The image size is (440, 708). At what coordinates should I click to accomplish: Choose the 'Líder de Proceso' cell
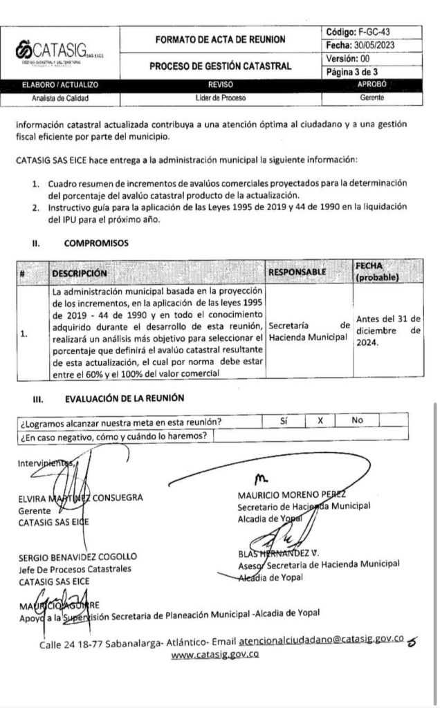[x=216, y=97]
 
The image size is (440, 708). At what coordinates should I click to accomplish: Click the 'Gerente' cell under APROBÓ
[x=372, y=97]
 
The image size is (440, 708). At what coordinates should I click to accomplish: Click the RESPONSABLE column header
[x=297, y=272]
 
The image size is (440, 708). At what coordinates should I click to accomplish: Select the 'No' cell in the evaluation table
[x=357, y=421]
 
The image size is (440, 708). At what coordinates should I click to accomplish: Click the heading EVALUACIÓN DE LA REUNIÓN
[x=124, y=399]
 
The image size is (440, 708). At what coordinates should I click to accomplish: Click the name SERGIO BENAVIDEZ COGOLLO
[x=78, y=557]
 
